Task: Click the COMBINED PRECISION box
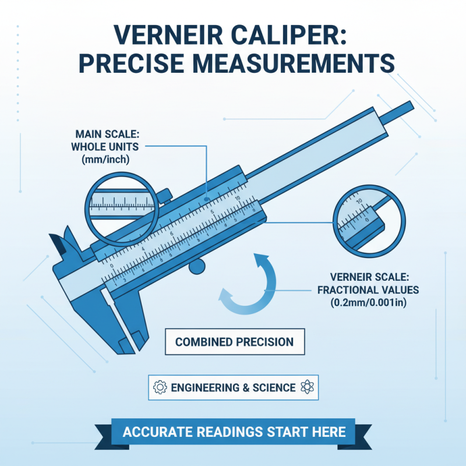(x=234, y=342)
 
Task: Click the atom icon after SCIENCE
(x=306, y=387)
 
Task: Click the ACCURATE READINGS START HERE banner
(x=234, y=432)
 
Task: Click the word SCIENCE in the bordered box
(x=274, y=387)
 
